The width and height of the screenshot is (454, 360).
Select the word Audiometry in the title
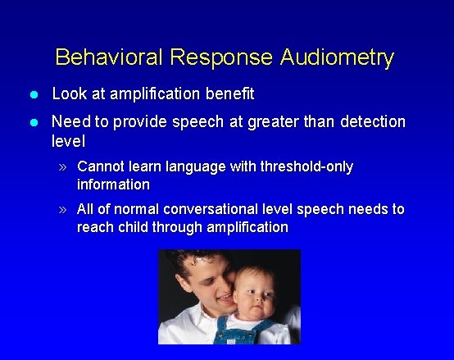point(337,57)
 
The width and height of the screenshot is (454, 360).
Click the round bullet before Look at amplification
point(34,94)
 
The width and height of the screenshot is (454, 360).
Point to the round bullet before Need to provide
point(34,122)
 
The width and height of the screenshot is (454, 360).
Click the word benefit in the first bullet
point(229,93)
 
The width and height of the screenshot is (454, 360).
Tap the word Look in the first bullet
point(68,93)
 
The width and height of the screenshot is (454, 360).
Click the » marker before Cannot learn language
point(65,167)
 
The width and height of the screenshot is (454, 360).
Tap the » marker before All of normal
point(65,209)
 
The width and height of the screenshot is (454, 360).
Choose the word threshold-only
point(306,166)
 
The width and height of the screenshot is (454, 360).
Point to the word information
point(113,184)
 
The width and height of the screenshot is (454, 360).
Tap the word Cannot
point(102,166)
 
